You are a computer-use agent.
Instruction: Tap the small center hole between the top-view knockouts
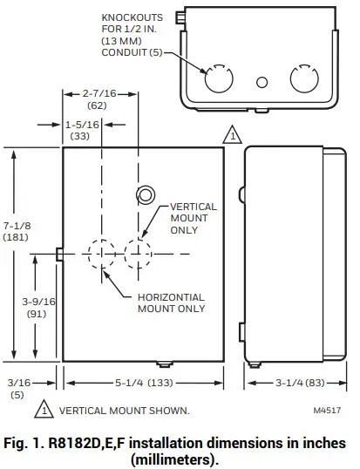pyautogui.click(x=261, y=83)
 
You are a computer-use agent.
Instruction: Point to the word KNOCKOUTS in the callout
pyautogui.click(x=132, y=17)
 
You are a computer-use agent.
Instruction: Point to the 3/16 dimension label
pyautogui.click(x=17, y=382)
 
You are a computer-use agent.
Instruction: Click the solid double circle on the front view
pyautogui.click(x=145, y=194)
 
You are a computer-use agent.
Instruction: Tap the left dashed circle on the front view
pyautogui.click(x=102, y=253)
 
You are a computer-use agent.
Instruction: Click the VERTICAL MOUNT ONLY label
pyautogui.click(x=193, y=219)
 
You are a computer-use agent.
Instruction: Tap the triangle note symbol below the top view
pyautogui.click(x=231, y=134)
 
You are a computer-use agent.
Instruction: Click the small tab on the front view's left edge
pyautogui.click(x=58, y=253)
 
